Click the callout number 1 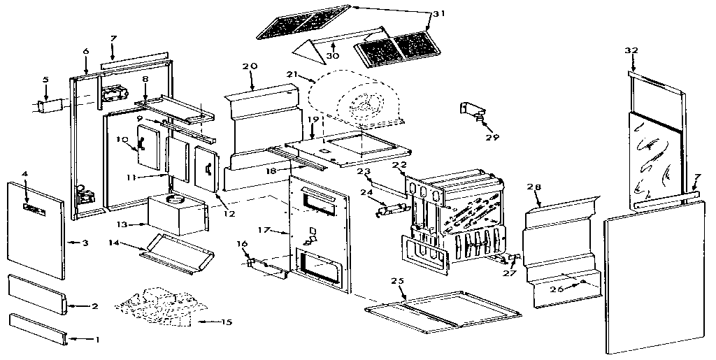click(96, 340)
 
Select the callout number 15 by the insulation click(225, 322)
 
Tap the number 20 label click(250, 66)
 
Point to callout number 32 click(631, 50)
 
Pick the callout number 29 click(497, 137)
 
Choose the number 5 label click(45, 80)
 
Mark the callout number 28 click(535, 187)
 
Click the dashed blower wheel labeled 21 click(357, 101)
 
